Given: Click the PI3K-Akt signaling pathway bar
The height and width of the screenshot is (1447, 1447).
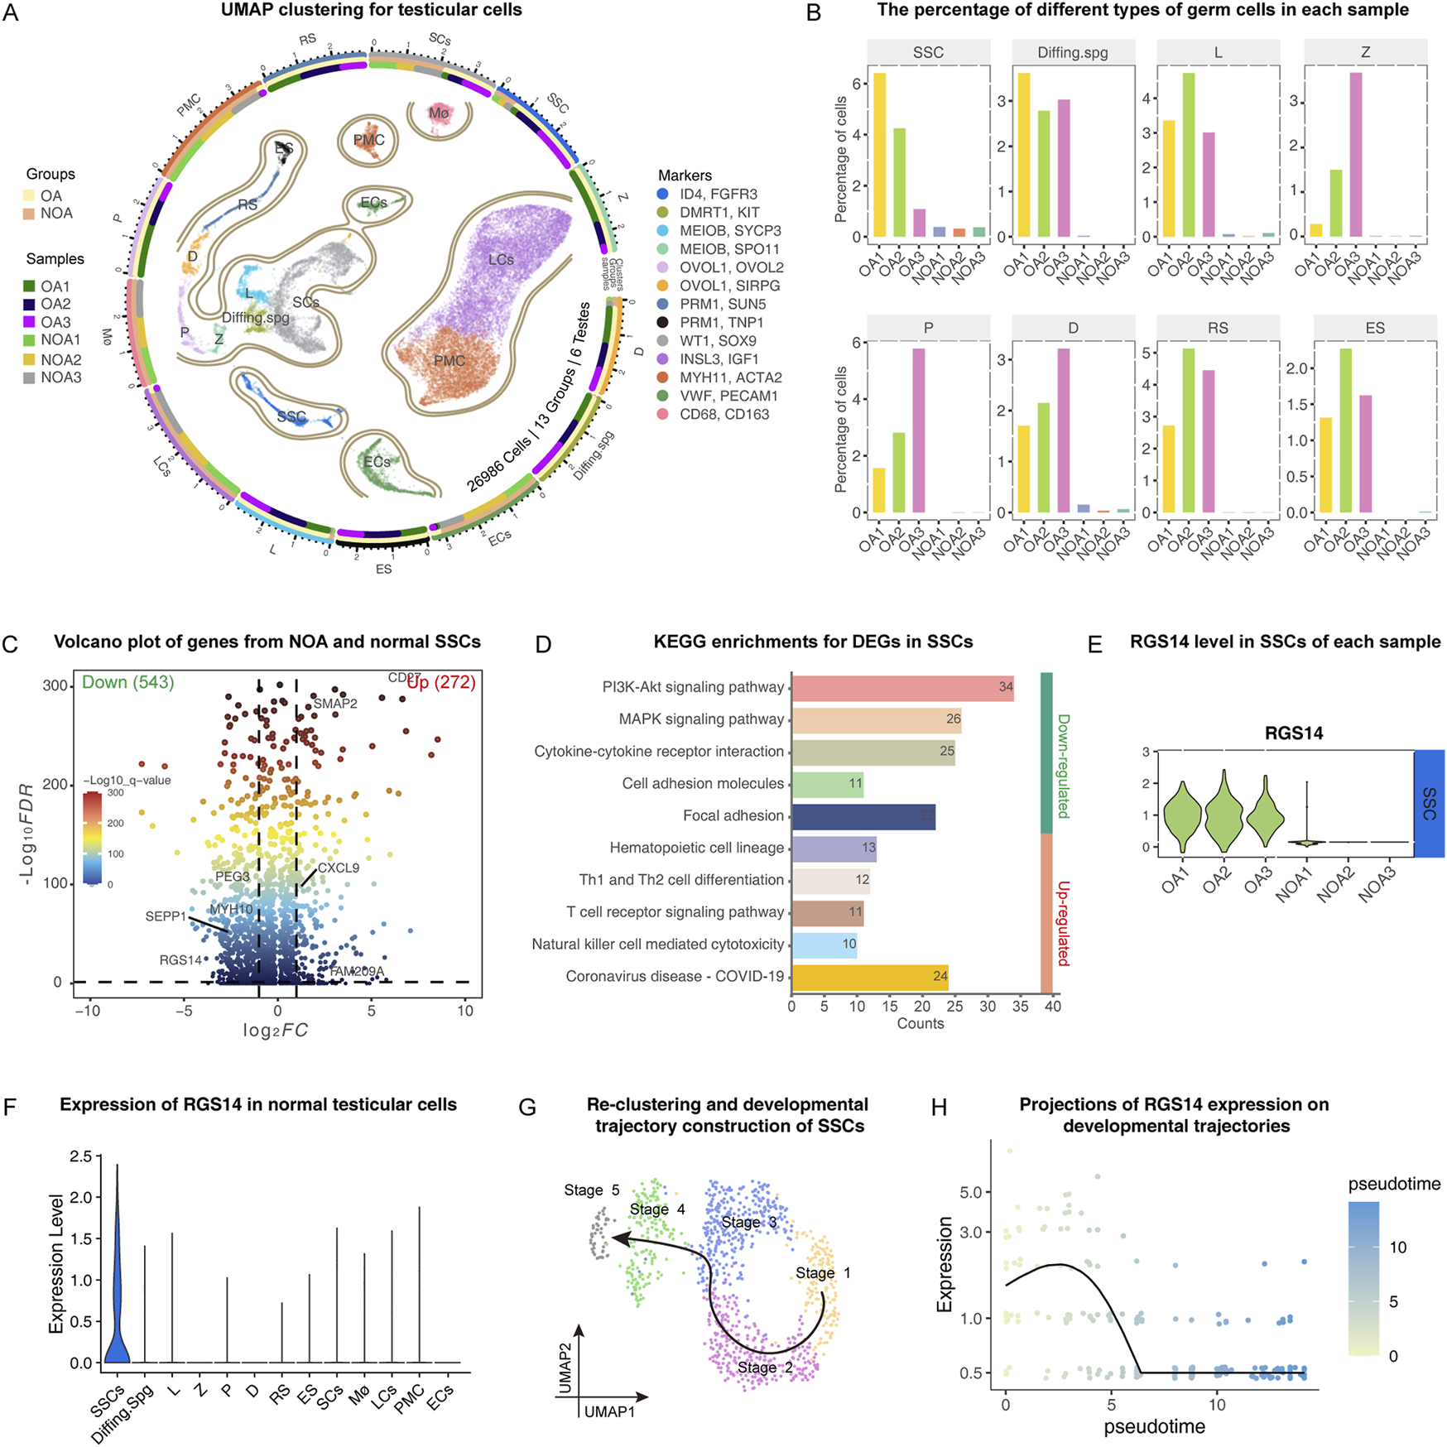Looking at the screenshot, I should coord(902,687).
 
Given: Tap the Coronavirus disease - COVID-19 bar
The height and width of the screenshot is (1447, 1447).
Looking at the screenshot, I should coord(869,977).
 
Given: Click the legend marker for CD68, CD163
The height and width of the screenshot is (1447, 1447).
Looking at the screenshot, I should coord(663,414).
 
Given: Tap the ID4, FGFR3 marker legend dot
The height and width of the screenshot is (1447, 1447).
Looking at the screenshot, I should coord(663,194).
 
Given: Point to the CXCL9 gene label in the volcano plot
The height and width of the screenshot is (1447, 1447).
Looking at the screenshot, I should coord(338,868).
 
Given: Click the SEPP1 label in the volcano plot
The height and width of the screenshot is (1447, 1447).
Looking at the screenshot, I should coord(166,916).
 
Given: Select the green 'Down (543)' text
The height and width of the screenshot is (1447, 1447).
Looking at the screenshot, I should coord(127,683).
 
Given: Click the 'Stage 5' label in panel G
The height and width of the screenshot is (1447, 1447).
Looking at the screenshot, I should coord(591,1190).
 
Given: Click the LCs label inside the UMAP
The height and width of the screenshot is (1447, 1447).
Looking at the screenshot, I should coord(501,259).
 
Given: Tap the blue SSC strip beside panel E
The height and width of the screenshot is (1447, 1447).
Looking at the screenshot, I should coord(1429,803).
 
